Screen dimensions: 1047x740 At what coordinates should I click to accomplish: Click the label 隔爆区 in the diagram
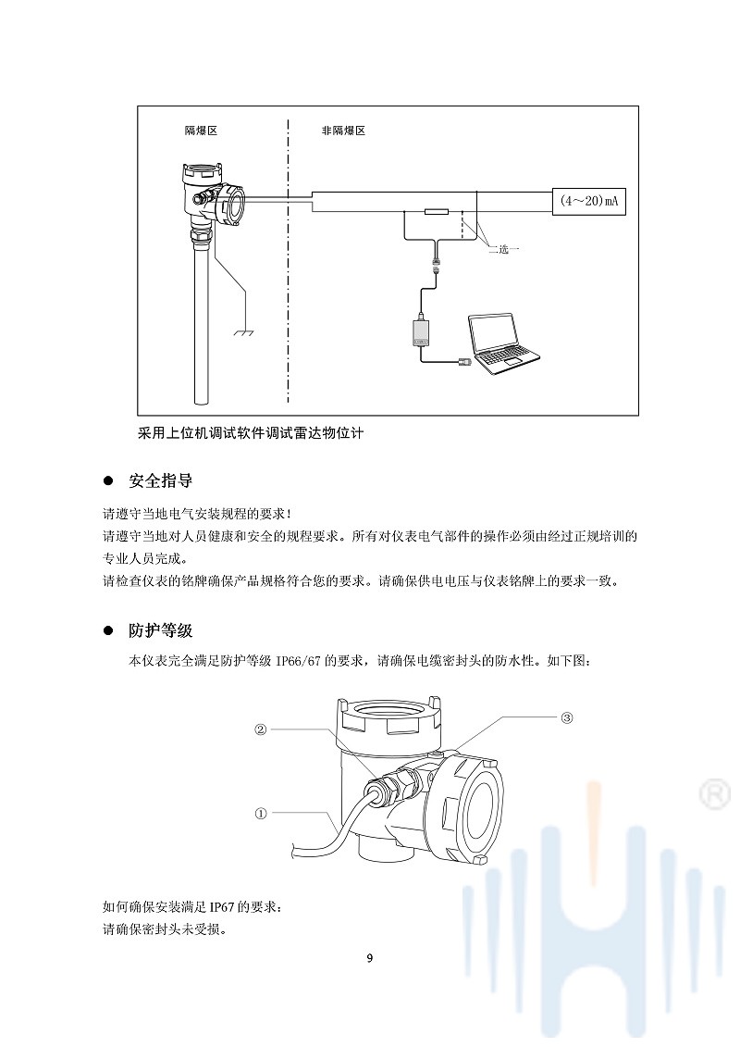pos(201,131)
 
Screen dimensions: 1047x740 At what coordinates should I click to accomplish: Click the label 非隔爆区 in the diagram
pos(343,131)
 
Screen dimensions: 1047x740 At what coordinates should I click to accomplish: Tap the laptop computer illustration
pos(503,340)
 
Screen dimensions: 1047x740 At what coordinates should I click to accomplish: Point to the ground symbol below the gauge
pos(244,331)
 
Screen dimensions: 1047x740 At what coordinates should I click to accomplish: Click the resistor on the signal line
pos(436,212)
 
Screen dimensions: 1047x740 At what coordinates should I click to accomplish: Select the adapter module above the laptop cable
pos(421,331)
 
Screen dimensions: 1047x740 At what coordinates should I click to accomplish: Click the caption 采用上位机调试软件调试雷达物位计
pos(250,433)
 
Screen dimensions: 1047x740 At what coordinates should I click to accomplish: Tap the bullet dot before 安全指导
pos(107,482)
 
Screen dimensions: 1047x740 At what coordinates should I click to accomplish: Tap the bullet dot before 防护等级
pos(107,631)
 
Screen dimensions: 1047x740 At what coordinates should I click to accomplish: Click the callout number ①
pos(261,814)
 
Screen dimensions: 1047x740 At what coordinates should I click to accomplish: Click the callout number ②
pos(261,729)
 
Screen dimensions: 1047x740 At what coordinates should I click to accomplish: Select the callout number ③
pos(567,717)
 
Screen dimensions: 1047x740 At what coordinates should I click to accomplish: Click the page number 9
pos(370,958)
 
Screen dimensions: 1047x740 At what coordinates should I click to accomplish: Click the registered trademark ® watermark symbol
pos(713,793)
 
